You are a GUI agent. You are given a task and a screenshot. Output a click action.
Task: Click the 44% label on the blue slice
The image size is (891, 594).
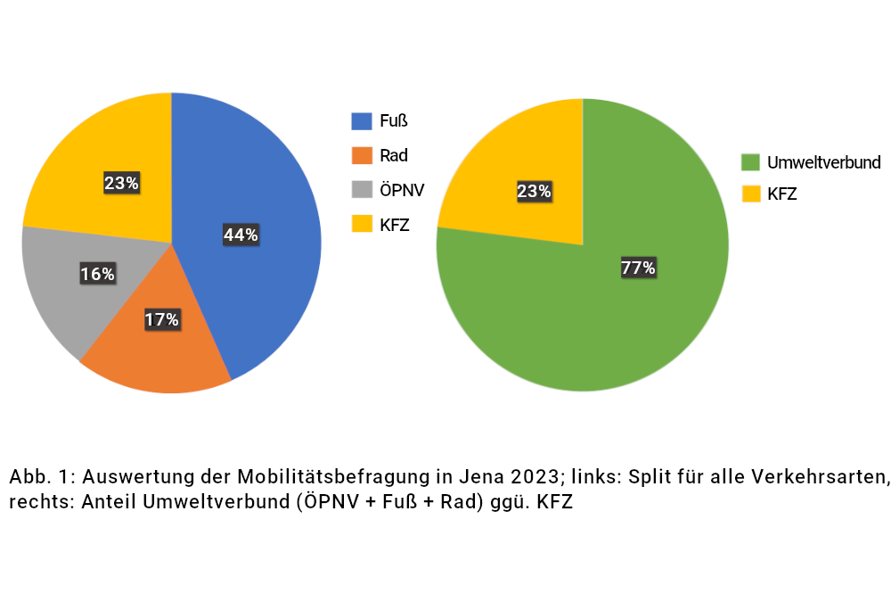[241, 235]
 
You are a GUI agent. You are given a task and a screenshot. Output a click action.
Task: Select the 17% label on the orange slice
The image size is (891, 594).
[162, 319]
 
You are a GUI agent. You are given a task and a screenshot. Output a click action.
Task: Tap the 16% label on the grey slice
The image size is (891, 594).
[97, 274]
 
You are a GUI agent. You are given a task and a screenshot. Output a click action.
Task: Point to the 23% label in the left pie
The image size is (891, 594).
[121, 184]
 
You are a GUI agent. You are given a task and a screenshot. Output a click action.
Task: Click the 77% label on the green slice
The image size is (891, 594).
[638, 268]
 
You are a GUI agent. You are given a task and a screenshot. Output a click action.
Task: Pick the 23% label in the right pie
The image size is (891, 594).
[534, 191]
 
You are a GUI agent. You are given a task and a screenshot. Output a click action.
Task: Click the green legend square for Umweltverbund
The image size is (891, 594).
[750, 162]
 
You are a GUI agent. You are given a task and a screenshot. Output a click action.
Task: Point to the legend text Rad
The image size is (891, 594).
[394, 155]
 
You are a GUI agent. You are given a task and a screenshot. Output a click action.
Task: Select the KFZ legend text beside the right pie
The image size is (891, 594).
[782, 193]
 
